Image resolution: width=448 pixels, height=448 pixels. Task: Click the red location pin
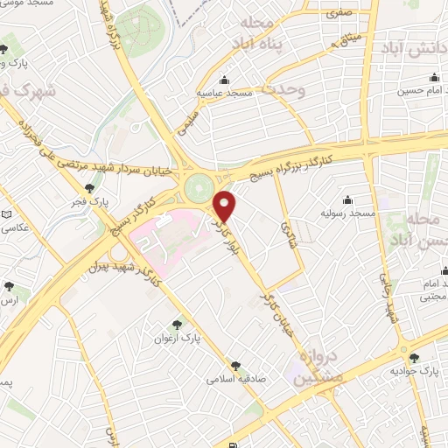pyautogui.click(x=226, y=206)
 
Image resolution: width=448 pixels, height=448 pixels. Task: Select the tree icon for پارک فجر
pyautogui.click(x=91, y=187)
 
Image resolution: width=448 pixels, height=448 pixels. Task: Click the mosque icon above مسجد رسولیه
pyautogui.click(x=348, y=199)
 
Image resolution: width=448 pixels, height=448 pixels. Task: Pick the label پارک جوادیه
pyautogui.click(x=419, y=372)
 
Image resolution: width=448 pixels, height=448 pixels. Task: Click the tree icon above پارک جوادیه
pyautogui.click(x=414, y=358)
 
